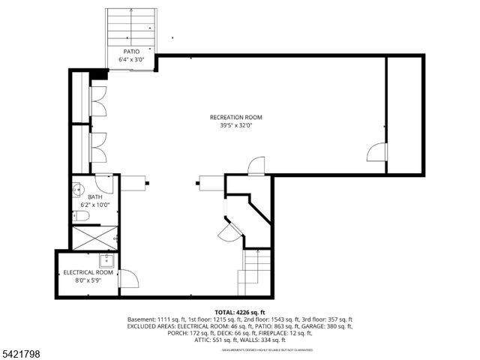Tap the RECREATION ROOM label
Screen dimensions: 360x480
[235, 117]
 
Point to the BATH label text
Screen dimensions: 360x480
[95, 196]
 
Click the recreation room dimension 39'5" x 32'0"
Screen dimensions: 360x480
[235, 126]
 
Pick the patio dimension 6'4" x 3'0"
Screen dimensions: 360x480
[131, 59]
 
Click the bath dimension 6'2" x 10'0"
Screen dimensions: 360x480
[95, 205]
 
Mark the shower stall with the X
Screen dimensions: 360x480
[94, 238]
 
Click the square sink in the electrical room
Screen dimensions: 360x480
[107, 260]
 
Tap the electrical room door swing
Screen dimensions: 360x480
[128, 279]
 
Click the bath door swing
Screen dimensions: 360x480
[104, 184]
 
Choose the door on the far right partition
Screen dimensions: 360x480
[376, 152]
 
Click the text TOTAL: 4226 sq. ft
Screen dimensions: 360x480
[240, 311]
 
